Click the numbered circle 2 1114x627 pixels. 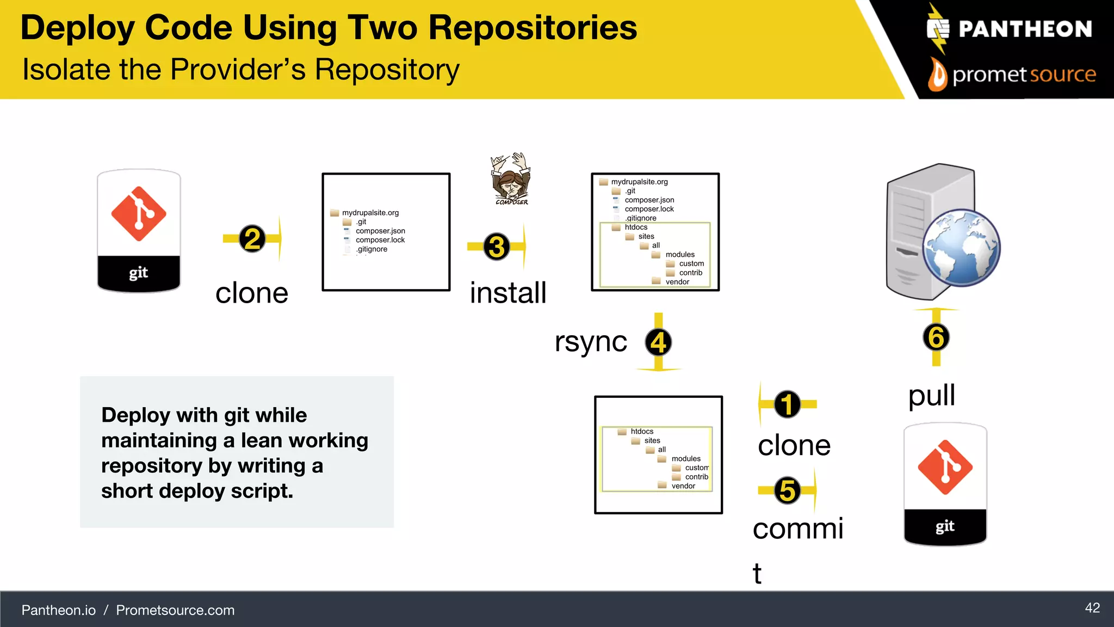[252, 238]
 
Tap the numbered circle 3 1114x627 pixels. [496, 247]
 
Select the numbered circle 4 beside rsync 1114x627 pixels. [658, 342]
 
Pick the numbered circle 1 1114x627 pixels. [787, 404]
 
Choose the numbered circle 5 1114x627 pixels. [787, 490]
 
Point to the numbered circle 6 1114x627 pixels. [936, 337]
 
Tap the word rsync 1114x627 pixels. [591, 342]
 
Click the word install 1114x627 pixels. [508, 293]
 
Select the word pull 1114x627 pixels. [931, 395]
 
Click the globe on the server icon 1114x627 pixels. [962, 248]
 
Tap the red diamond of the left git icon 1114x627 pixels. [139, 214]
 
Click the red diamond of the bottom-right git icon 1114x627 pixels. [945, 467]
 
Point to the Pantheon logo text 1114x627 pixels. [1025, 29]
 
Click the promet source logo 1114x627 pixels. [1012, 75]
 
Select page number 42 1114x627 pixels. [1092, 608]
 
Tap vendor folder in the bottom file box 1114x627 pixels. [683, 486]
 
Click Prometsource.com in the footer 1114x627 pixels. [175, 610]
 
